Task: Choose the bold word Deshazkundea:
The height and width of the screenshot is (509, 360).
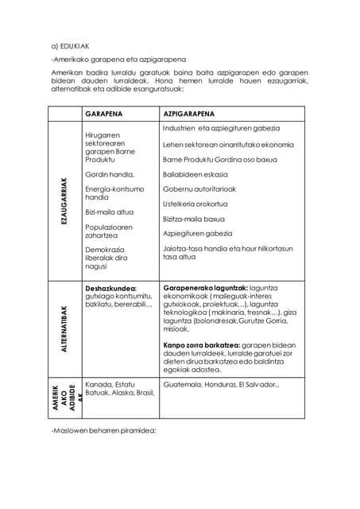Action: [x=110, y=288]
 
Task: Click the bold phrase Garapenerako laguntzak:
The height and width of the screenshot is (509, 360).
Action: [x=205, y=288]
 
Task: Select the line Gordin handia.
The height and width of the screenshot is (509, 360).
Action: [x=109, y=174]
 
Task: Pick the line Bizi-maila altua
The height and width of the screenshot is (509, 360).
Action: [x=109, y=212]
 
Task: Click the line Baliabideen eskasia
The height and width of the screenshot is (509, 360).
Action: [x=195, y=174]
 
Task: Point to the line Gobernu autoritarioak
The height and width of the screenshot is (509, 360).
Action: [x=199, y=189]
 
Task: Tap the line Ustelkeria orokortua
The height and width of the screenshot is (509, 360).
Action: [x=195, y=204]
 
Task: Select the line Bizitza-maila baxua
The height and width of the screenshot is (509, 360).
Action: [x=193, y=219]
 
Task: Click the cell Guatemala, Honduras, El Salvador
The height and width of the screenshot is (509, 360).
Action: [x=220, y=384]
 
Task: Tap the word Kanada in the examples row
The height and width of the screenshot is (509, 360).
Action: [x=99, y=384]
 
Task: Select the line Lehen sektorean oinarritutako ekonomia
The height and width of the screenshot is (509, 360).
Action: [x=228, y=145]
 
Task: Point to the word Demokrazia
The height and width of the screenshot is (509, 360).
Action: [x=107, y=250]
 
